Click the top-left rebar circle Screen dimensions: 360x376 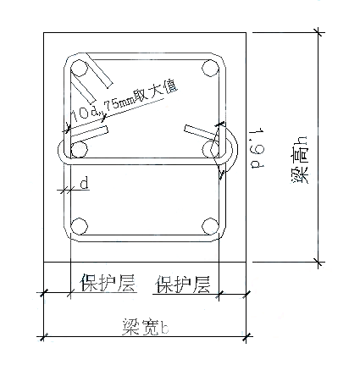pyautogui.click(x=79, y=69)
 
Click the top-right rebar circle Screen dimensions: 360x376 pyautogui.click(x=211, y=69)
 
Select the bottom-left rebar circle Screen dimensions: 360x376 pyautogui.click(x=79, y=226)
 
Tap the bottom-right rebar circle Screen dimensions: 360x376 pyautogui.click(x=211, y=226)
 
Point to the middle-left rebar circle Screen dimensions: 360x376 pyautogui.click(x=79, y=149)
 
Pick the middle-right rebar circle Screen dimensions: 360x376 pyautogui.click(x=211, y=148)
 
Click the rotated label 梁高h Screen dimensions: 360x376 pyautogui.click(x=300, y=160)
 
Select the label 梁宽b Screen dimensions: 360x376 pyautogui.click(x=146, y=327)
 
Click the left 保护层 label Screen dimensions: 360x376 pyautogui.click(x=108, y=282)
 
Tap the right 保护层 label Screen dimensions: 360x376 pyautogui.click(x=184, y=284)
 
